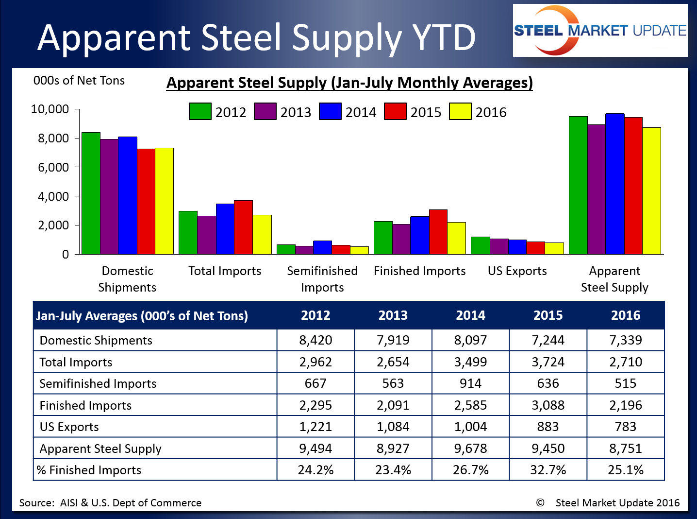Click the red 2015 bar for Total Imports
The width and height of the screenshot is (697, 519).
pyautogui.click(x=243, y=227)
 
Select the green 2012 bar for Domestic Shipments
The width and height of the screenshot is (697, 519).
pyautogui.click(x=91, y=193)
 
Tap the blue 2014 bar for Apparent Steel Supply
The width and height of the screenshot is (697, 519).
pyautogui.click(x=614, y=184)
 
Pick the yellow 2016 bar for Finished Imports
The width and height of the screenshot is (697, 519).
pyautogui.click(x=457, y=238)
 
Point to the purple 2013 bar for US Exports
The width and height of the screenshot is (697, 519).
pyautogui.click(x=499, y=246)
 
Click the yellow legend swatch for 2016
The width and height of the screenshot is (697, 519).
pyautogui.click(x=460, y=111)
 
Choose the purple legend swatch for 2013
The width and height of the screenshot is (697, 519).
pyautogui.click(x=265, y=111)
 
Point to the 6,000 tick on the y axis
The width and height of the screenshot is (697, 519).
pyautogui.click(x=50, y=167)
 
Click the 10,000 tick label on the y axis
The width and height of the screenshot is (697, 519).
pyautogui.click(x=50, y=109)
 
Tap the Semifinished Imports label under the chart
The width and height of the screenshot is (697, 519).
pyautogui.click(x=322, y=279)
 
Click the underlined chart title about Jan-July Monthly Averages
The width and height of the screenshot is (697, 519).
pyautogui.click(x=349, y=83)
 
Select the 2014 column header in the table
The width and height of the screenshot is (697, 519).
pyautogui.click(x=470, y=315)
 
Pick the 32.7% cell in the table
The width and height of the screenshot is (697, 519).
pyautogui.click(x=548, y=470)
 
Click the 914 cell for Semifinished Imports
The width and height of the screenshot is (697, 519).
pyautogui.click(x=470, y=383)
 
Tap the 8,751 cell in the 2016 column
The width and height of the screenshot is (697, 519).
pyautogui.click(x=626, y=448)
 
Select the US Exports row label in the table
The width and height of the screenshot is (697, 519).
pyautogui.click(x=69, y=427)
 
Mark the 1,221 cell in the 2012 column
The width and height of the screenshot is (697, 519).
pyautogui.click(x=315, y=427)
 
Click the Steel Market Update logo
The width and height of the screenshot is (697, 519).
pyautogui.click(x=600, y=31)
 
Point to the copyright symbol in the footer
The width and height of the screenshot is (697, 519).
pyautogui.click(x=540, y=502)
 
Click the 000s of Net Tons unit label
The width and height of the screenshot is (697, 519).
pyautogui.click(x=79, y=81)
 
